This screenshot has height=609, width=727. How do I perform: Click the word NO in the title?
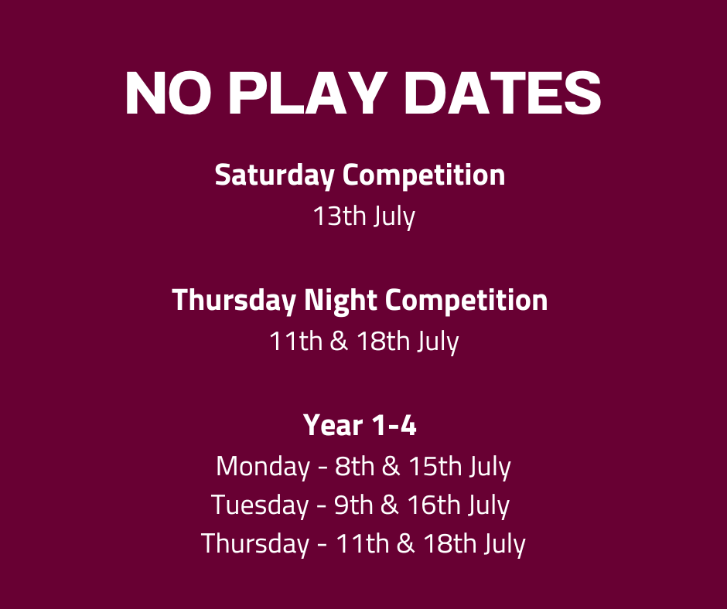pyautogui.click(x=169, y=93)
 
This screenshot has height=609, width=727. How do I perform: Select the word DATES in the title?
pyautogui.click(x=503, y=93)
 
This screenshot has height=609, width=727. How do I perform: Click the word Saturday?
pyautogui.click(x=275, y=175)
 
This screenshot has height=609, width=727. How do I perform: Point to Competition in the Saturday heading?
pyautogui.click(x=424, y=175)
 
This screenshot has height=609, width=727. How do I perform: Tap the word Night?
pyautogui.click(x=340, y=301)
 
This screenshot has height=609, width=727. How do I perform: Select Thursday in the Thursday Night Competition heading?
pyautogui.click(x=234, y=301)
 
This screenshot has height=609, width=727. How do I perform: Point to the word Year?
pyautogui.click(x=333, y=425)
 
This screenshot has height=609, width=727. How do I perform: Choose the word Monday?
pyautogui.click(x=263, y=466)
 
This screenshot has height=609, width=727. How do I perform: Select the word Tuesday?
pyautogui.click(x=260, y=505)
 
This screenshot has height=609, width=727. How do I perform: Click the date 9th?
pyautogui.click(x=353, y=505)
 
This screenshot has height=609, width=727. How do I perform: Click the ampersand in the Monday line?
pyautogui.click(x=391, y=466)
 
